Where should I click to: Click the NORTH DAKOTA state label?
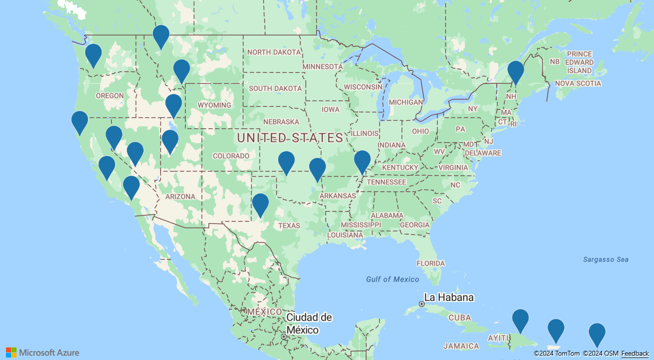click(x=273, y=52)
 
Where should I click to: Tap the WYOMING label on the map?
click(x=214, y=105)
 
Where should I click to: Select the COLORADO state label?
click(x=231, y=156)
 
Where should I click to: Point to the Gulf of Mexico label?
click(x=392, y=279)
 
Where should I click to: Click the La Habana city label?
click(x=448, y=297)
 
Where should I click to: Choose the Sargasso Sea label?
click(x=606, y=259)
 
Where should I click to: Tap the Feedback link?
click(x=635, y=354)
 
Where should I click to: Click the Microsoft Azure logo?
click(x=43, y=353)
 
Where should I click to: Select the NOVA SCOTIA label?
click(x=578, y=83)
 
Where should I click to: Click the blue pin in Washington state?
click(x=93, y=54)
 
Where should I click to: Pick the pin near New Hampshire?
click(x=516, y=71)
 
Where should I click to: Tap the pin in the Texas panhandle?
click(x=260, y=204)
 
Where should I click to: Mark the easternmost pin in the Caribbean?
click(x=597, y=333)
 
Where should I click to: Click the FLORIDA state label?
click(x=431, y=264)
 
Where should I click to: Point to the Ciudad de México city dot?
click(x=284, y=336)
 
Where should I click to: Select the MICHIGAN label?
click(x=406, y=103)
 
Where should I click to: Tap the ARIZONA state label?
click(x=180, y=196)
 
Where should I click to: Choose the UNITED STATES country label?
click(x=290, y=137)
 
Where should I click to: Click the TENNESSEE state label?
click(x=386, y=182)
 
